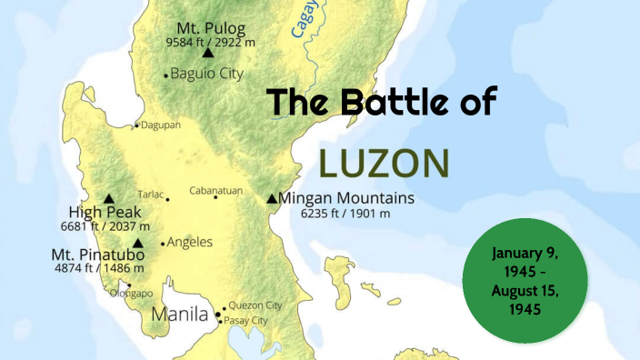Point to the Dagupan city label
pos(160,125)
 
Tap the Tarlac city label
pos(151,194)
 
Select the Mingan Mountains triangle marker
pos(272,198)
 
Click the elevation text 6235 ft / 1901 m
pos(346,213)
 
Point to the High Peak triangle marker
pos(109,198)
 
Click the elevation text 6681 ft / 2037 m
pos(105,225)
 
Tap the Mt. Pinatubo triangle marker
pos(137,243)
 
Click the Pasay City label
pos(247,320)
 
